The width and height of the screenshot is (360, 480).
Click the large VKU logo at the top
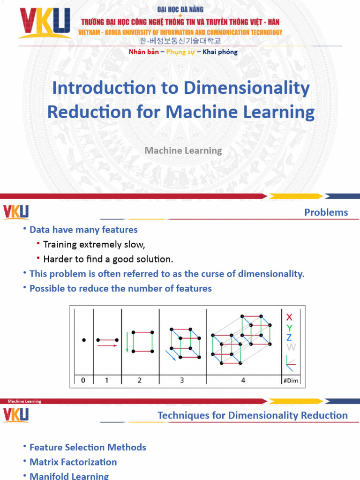point(44,23)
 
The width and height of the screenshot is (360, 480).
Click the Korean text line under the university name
point(182,41)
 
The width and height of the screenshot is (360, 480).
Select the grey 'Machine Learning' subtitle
point(183,150)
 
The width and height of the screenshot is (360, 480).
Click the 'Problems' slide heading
point(326,212)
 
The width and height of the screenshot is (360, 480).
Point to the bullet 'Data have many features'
point(83,230)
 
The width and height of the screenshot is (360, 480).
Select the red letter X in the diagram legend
point(289,317)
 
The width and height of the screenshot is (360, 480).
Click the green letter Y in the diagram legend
point(289,328)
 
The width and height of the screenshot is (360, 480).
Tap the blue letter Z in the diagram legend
point(289,337)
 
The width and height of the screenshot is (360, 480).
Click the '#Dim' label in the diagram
point(290,381)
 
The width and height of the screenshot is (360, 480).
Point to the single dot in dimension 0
point(83,340)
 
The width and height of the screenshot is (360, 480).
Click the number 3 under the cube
point(182,381)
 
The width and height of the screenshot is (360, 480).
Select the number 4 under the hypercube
point(243,381)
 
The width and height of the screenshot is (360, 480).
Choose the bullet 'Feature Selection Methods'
point(88,448)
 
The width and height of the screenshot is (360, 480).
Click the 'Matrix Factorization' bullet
point(73,462)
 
